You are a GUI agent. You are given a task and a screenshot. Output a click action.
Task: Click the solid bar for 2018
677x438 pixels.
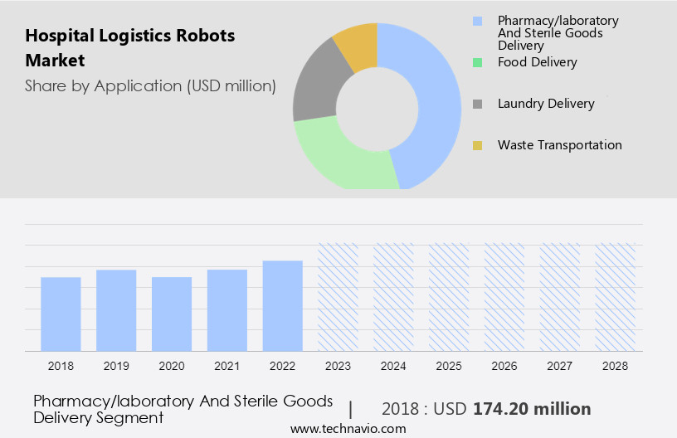(x=61, y=314)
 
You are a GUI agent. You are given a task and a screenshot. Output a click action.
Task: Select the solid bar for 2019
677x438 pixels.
(x=116, y=310)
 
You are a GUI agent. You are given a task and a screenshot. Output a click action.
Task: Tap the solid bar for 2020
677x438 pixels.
(x=172, y=314)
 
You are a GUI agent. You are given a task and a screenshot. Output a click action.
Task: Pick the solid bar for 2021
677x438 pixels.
(x=227, y=310)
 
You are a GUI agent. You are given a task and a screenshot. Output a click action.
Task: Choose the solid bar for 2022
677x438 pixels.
(x=283, y=305)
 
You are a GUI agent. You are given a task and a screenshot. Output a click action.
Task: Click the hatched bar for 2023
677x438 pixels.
(x=338, y=297)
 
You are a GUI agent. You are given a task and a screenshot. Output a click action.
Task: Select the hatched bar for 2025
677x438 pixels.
(x=449, y=297)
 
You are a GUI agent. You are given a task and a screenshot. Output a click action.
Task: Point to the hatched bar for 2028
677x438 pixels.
(x=616, y=297)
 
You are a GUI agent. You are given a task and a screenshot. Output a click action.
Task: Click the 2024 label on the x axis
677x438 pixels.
(x=393, y=365)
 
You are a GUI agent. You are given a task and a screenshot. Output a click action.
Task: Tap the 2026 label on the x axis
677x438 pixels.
(x=504, y=365)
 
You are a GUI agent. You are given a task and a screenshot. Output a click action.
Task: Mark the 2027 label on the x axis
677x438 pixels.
(x=560, y=365)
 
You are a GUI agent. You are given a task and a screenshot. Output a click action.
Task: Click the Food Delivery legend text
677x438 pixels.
(x=537, y=62)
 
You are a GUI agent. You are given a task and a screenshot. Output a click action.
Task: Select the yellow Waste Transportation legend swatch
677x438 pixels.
(x=477, y=145)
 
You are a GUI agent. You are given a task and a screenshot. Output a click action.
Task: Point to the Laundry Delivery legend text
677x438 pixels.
(x=546, y=104)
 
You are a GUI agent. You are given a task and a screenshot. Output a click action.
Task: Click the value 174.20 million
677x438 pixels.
(x=532, y=409)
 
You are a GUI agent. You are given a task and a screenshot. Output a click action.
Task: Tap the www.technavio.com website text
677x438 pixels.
(x=348, y=429)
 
